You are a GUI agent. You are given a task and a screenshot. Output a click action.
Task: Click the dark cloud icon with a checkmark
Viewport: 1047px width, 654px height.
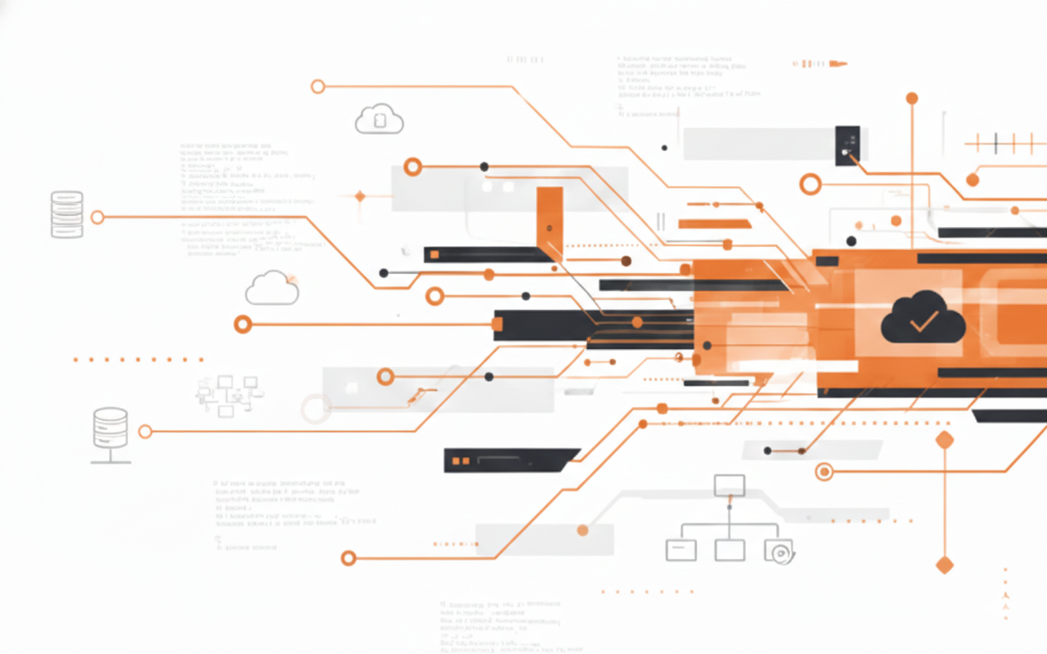pyautogui.click(x=923, y=319)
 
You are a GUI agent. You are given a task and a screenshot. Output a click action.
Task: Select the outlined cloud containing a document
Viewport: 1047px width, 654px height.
pyautogui.click(x=380, y=119)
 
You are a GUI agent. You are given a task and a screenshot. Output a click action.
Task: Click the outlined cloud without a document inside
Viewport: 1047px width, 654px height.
pyautogui.click(x=272, y=289)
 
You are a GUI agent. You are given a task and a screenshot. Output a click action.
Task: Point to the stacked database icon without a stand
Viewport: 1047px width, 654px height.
pyautogui.click(x=67, y=214)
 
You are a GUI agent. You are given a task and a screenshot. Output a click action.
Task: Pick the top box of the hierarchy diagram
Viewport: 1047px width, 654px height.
pyautogui.click(x=729, y=486)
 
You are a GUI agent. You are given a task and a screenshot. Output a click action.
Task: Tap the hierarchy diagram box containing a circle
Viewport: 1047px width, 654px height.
pyautogui.click(x=779, y=550)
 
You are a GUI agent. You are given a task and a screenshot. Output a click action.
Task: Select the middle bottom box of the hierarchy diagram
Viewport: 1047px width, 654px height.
pyautogui.click(x=729, y=550)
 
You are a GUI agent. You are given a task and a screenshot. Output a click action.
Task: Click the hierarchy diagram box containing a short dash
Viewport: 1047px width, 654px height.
pyautogui.click(x=681, y=550)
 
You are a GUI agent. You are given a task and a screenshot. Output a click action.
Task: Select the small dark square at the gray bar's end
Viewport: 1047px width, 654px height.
pyautogui.click(x=847, y=145)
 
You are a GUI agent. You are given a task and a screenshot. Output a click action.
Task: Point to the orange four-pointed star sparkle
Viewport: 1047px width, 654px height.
pyautogui.click(x=360, y=196)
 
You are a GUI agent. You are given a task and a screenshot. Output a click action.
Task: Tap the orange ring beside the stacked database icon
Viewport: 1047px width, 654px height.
pyautogui.click(x=97, y=217)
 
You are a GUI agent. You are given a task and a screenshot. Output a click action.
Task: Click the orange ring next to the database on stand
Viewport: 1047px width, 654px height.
pyautogui.click(x=145, y=431)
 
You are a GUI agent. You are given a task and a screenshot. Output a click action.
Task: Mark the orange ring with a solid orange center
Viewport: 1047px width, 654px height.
pyautogui.click(x=824, y=471)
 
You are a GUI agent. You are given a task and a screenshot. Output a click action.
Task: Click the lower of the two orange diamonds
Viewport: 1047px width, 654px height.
pyautogui.click(x=945, y=565)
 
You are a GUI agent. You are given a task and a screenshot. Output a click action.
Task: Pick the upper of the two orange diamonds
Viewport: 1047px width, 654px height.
pyautogui.click(x=945, y=440)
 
